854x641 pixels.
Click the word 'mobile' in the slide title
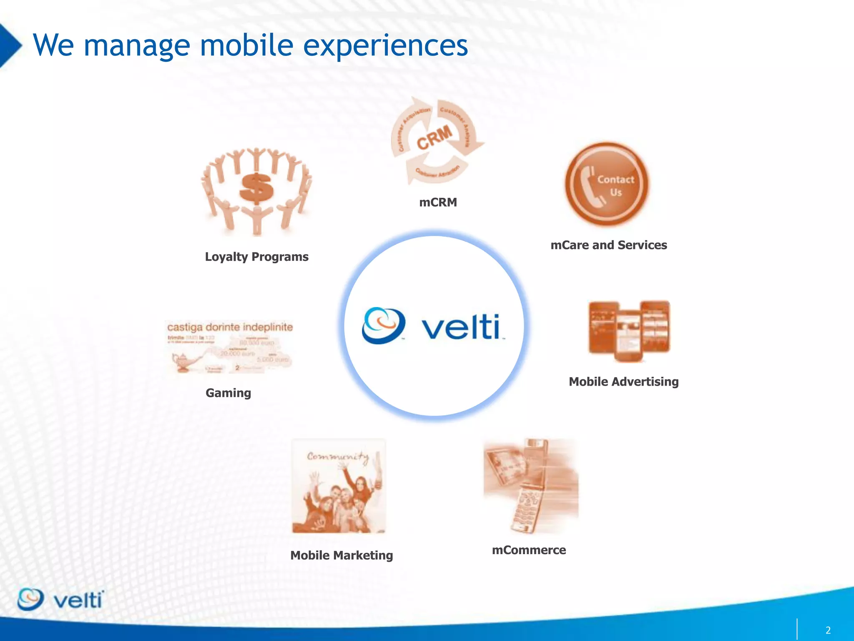point(246,45)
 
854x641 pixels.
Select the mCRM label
point(438,202)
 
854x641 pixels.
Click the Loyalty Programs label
point(256,257)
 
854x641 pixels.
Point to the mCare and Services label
point(608,245)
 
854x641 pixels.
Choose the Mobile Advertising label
point(623,381)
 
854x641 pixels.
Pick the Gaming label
point(228,393)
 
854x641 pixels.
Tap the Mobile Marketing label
point(342,555)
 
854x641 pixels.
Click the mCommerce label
point(529,550)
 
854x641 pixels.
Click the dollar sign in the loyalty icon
point(256,188)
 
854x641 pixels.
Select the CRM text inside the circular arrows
point(435,138)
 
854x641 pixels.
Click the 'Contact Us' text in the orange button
point(616,186)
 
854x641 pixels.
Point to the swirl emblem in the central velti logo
point(383,326)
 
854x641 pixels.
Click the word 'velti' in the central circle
point(461,327)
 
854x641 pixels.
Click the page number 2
point(828,630)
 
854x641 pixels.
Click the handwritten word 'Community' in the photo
point(338,457)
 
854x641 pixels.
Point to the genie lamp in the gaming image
point(182,361)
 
